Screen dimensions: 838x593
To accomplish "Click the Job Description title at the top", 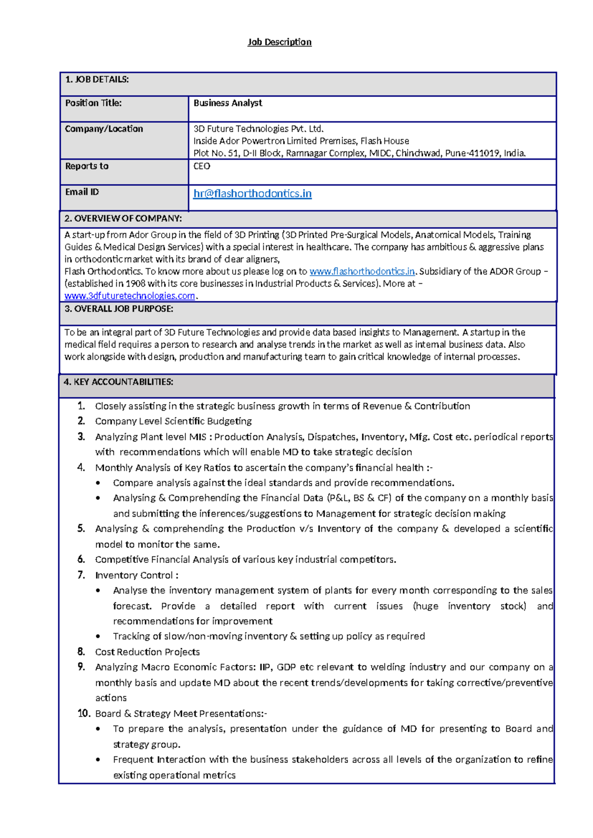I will pos(279,42).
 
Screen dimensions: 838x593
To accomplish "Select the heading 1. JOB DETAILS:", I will pos(97,80).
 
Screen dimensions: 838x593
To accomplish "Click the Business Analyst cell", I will pos(228,103).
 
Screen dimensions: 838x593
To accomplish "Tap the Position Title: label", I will pos(93,103).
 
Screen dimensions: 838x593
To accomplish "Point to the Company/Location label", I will pos(104,129).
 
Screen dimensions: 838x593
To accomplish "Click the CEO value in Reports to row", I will pos(202,167).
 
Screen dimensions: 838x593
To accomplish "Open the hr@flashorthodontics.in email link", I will pos(252,194).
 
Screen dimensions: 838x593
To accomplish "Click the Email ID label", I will pos(82,192).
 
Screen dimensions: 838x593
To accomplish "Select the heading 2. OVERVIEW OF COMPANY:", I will pos(123,218).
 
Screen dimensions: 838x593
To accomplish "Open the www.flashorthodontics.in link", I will pos(362,271).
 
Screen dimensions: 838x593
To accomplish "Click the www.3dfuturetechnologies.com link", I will pos(129,296).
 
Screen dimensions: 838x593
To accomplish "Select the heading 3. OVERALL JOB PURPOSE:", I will pos(119,309).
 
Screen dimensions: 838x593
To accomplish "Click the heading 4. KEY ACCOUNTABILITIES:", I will pos(118,382).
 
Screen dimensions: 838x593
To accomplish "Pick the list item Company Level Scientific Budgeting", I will pos(173,421).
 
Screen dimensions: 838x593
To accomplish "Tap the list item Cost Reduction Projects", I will pos(147,652).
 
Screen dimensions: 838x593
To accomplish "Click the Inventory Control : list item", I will pos(136,576).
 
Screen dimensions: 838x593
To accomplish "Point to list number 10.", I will pos(84,713).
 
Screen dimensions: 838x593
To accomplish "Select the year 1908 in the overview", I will pos(135,284).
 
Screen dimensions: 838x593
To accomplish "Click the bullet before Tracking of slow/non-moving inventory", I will pos(98,637).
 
